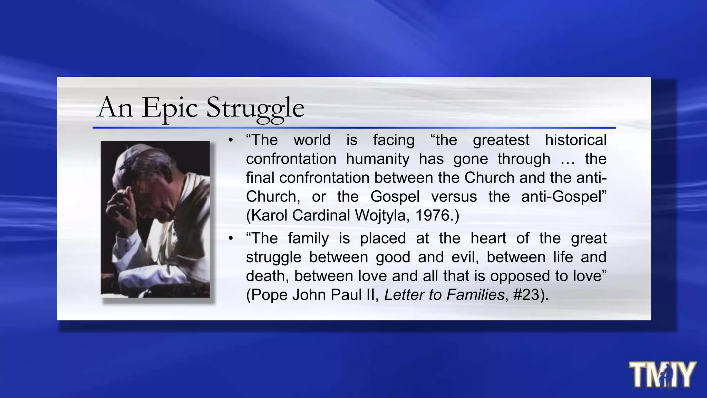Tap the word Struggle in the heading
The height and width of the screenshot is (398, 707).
[x=255, y=108]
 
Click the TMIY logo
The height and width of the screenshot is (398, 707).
[x=662, y=375]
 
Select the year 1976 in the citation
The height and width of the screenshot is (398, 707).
[x=432, y=216]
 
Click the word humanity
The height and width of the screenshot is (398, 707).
[x=378, y=159]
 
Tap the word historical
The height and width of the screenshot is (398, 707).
[x=575, y=140]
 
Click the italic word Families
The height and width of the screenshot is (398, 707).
[x=475, y=295]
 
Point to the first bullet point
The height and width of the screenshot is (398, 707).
[x=231, y=140]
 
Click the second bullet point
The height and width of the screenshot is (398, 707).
[x=231, y=238]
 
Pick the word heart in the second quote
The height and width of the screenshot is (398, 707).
[x=488, y=238]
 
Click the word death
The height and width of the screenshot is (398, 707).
[x=267, y=276]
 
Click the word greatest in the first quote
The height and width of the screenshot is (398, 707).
[x=501, y=140]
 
